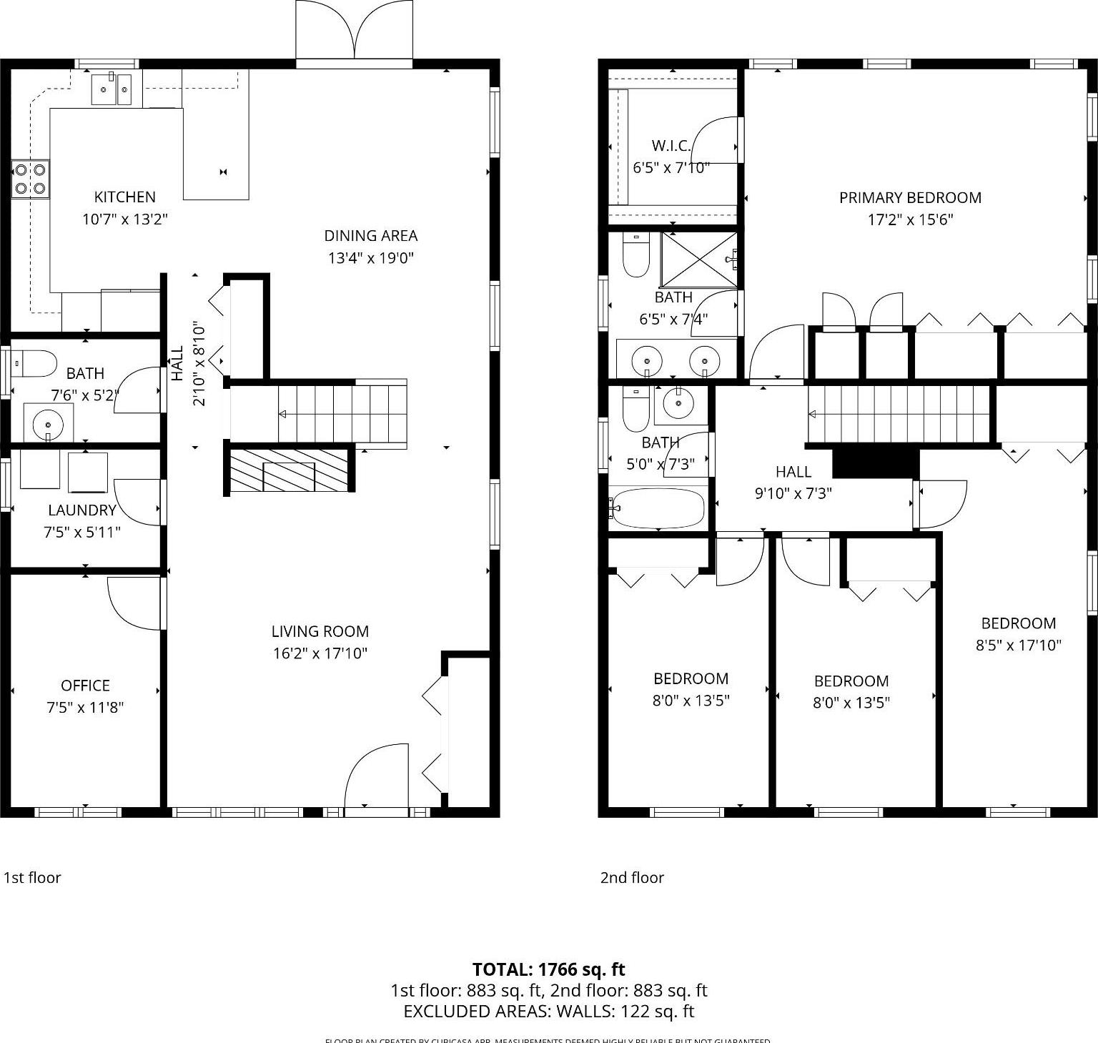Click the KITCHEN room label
[124, 197]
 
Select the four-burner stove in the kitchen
[30, 179]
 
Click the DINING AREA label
[370, 236]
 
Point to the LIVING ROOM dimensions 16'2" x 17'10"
[320, 653]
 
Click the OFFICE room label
[85, 686]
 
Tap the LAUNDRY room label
[81, 510]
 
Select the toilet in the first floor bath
[34, 363]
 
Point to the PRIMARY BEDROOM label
[909, 198]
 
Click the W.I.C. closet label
[671, 147]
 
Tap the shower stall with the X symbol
[698, 260]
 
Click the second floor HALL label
[793, 472]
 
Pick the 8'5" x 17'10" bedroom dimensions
[1018, 646]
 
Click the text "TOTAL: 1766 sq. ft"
[548, 970]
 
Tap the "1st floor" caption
[32, 878]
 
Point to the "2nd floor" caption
[632, 878]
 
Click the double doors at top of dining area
[354, 32]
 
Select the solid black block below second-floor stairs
[876, 463]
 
